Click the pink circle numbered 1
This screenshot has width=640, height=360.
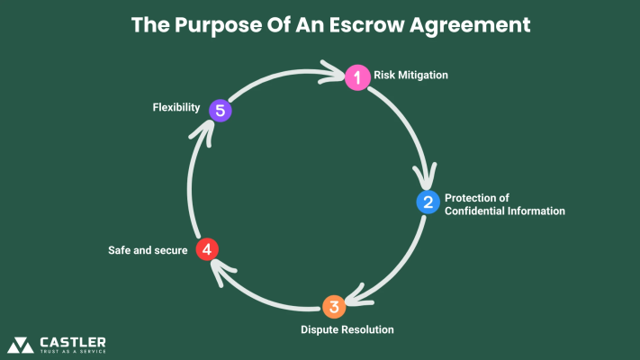[x=357, y=77]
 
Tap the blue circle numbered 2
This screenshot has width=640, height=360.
[x=428, y=202]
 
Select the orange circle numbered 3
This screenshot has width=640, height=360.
[x=334, y=307]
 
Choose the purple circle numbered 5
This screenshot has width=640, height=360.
[x=220, y=111]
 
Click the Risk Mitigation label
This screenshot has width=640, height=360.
[x=410, y=76]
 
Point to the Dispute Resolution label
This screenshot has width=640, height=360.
[x=347, y=329]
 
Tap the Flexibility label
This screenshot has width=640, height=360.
[x=176, y=108]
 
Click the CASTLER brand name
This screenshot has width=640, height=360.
[x=73, y=341]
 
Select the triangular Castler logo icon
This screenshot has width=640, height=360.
[x=21, y=345]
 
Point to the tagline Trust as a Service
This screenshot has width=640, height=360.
[x=73, y=352]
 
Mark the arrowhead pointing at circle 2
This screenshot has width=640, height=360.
[x=425, y=176]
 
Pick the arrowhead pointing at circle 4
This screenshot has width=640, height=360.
[x=226, y=263]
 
